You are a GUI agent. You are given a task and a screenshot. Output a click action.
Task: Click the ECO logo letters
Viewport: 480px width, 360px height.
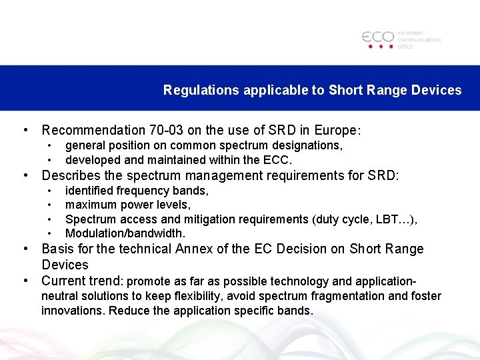point(377,37)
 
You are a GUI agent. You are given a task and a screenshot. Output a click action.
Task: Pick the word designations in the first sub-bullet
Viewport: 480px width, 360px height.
point(308,145)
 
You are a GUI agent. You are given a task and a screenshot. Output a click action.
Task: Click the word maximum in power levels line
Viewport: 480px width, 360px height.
point(91,205)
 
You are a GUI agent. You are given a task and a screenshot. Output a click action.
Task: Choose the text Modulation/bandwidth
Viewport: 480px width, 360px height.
point(125,233)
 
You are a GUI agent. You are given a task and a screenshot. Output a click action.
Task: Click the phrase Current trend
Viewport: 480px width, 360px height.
point(82,281)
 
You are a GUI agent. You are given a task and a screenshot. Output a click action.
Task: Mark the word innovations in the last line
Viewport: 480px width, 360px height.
point(73,311)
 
